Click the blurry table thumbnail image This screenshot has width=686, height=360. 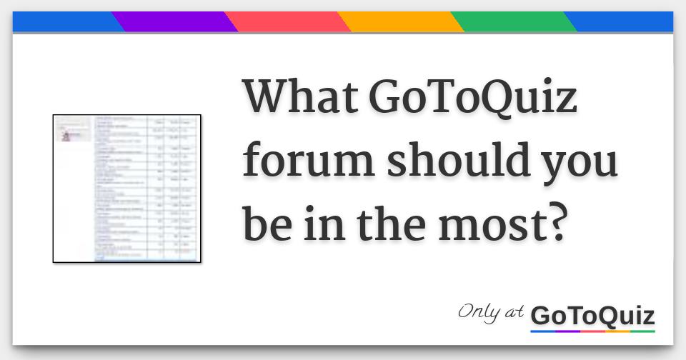126,189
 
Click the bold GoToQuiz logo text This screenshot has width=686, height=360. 592,315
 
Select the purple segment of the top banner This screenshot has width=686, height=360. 174,22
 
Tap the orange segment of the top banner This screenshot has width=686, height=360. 400,22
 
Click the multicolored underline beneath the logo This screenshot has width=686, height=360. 592,331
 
